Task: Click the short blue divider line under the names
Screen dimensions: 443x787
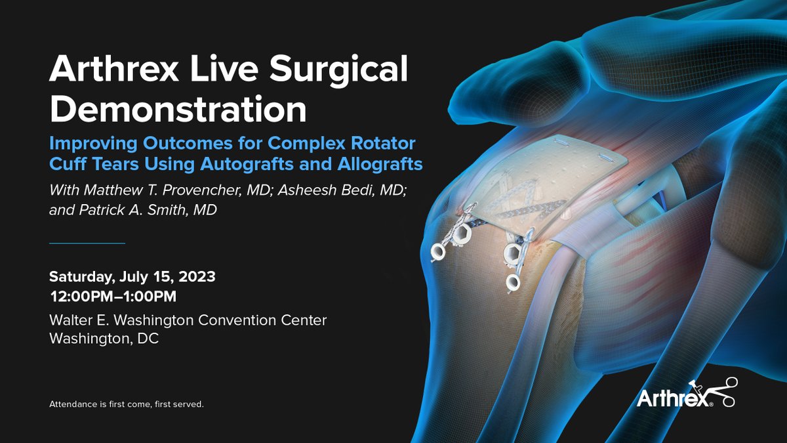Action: [x=87, y=243]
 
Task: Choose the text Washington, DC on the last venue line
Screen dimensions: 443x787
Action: [x=104, y=339]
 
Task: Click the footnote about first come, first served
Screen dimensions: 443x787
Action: [x=127, y=404]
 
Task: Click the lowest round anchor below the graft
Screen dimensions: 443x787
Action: [x=513, y=282]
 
